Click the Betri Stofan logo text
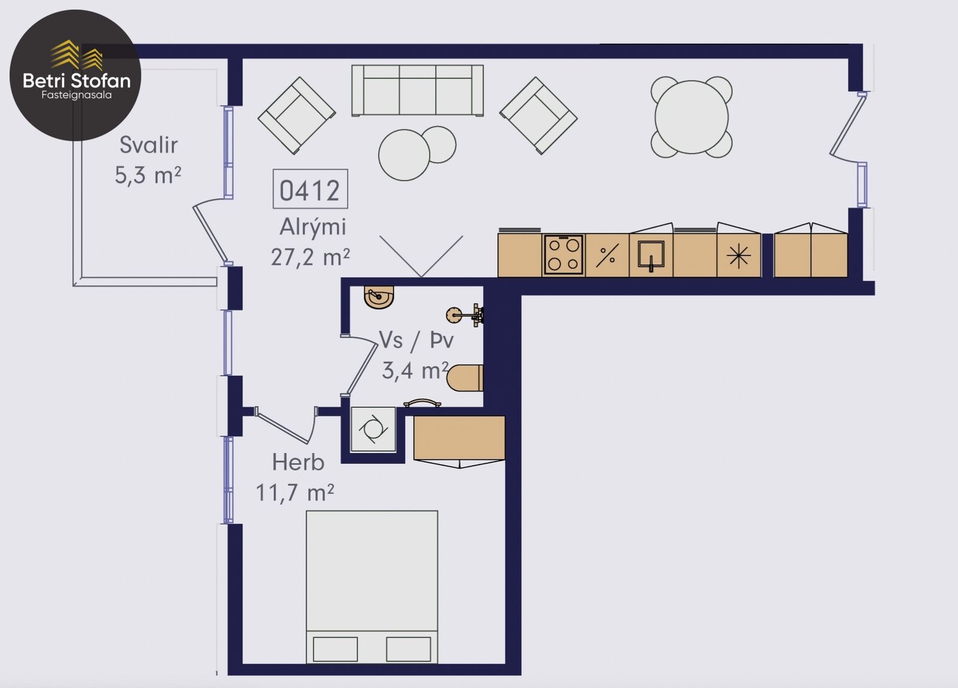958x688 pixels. [77, 80]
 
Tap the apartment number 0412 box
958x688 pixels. [310, 189]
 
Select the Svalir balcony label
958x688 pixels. [148, 144]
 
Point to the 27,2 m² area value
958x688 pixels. [310, 257]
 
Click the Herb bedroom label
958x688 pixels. [298, 462]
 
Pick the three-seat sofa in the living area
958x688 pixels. [417, 90]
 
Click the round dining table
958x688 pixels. [692, 117]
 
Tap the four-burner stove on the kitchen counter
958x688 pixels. [563, 255]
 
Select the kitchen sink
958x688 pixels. [651, 255]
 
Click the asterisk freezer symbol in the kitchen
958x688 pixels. [739, 256]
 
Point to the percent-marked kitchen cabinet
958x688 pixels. [607, 255]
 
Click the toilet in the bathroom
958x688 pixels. [465, 378]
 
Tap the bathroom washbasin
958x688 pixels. [378, 297]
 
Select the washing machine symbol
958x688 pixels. [373, 429]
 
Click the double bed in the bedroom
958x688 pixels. [372, 587]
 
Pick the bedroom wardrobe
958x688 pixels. [459, 438]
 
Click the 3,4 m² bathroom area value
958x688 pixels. [415, 370]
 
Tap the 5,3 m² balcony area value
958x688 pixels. [148, 175]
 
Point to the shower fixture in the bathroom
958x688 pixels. [465, 315]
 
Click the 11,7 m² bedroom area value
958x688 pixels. [295, 493]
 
